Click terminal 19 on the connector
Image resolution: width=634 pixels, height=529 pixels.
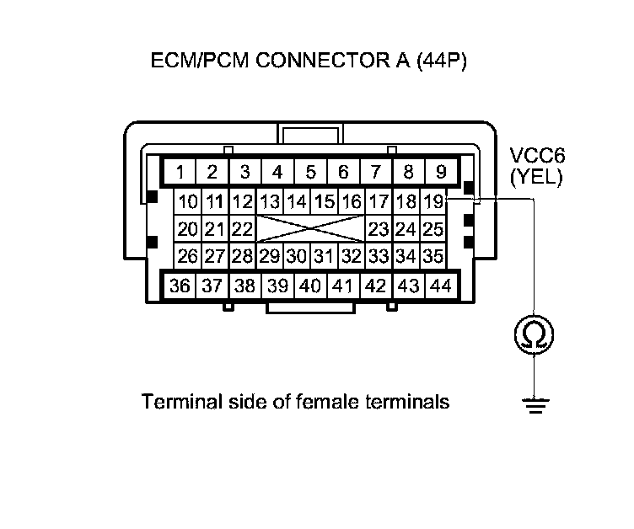(433, 201)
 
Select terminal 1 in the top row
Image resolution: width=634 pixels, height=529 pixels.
(180, 173)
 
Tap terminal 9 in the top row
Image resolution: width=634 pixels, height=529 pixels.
(440, 173)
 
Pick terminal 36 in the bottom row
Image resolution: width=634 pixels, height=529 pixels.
(180, 286)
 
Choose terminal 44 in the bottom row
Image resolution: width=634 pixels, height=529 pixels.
(440, 286)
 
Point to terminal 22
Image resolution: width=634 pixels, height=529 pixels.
(243, 228)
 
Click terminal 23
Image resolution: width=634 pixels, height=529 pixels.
(379, 228)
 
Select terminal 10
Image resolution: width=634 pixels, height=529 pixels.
(188, 201)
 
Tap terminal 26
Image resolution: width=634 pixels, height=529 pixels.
(188, 255)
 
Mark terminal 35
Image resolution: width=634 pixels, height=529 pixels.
(433, 255)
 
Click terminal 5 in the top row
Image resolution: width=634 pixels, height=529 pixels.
(310, 173)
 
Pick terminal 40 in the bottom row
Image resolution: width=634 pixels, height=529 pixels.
(309, 286)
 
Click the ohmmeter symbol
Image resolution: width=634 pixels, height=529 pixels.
(534, 336)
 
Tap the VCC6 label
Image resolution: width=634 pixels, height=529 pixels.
(536, 157)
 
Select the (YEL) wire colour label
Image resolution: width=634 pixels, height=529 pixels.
(536, 177)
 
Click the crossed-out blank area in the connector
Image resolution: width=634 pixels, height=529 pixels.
(310, 228)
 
